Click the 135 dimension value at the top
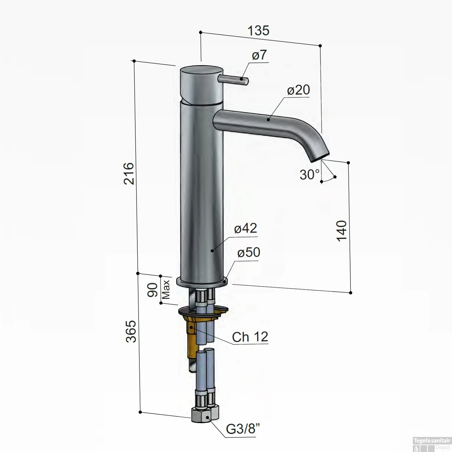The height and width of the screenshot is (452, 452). (x=258, y=31)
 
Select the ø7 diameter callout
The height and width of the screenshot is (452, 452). (x=259, y=55)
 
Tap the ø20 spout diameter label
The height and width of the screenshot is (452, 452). (x=298, y=90)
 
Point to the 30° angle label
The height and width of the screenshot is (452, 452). (x=309, y=174)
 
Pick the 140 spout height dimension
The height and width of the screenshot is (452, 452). (x=342, y=231)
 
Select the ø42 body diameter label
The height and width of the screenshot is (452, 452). (x=245, y=228)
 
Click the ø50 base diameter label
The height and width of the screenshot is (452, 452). (x=248, y=253)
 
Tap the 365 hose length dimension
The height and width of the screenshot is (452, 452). (x=131, y=331)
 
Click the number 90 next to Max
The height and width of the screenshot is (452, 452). (x=153, y=290)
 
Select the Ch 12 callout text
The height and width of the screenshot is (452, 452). (x=250, y=337)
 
